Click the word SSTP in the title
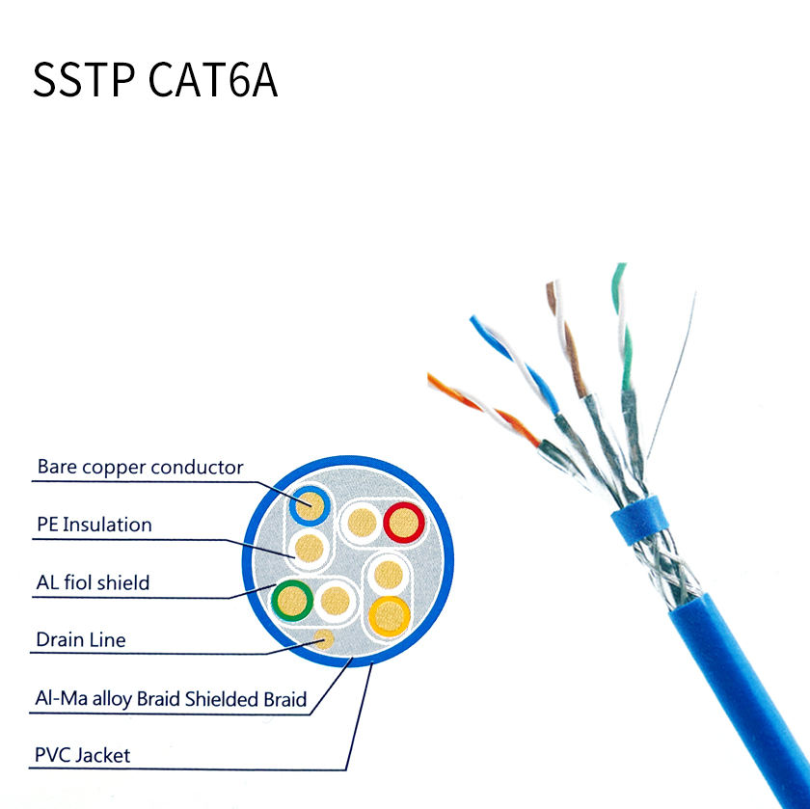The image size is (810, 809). pyautogui.click(x=84, y=81)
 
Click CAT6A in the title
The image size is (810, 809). pyautogui.click(x=213, y=81)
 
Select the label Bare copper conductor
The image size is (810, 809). pyautogui.click(x=140, y=468)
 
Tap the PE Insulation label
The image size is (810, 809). pyautogui.click(x=94, y=526)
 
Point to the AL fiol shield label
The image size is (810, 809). pyautogui.click(x=93, y=582)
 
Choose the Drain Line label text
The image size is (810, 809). pyautogui.click(x=81, y=639)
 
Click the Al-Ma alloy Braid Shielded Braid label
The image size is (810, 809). pyautogui.click(x=171, y=699)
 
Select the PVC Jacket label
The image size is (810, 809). pyautogui.click(x=83, y=755)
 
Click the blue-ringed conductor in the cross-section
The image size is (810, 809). pyautogui.click(x=310, y=502)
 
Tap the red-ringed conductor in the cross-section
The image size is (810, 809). pyautogui.click(x=404, y=523)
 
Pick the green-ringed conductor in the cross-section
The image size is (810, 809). pyautogui.click(x=292, y=600)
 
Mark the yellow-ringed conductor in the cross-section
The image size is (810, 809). pyautogui.click(x=390, y=613)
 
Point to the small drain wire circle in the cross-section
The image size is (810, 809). pyautogui.click(x=325, y=638)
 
